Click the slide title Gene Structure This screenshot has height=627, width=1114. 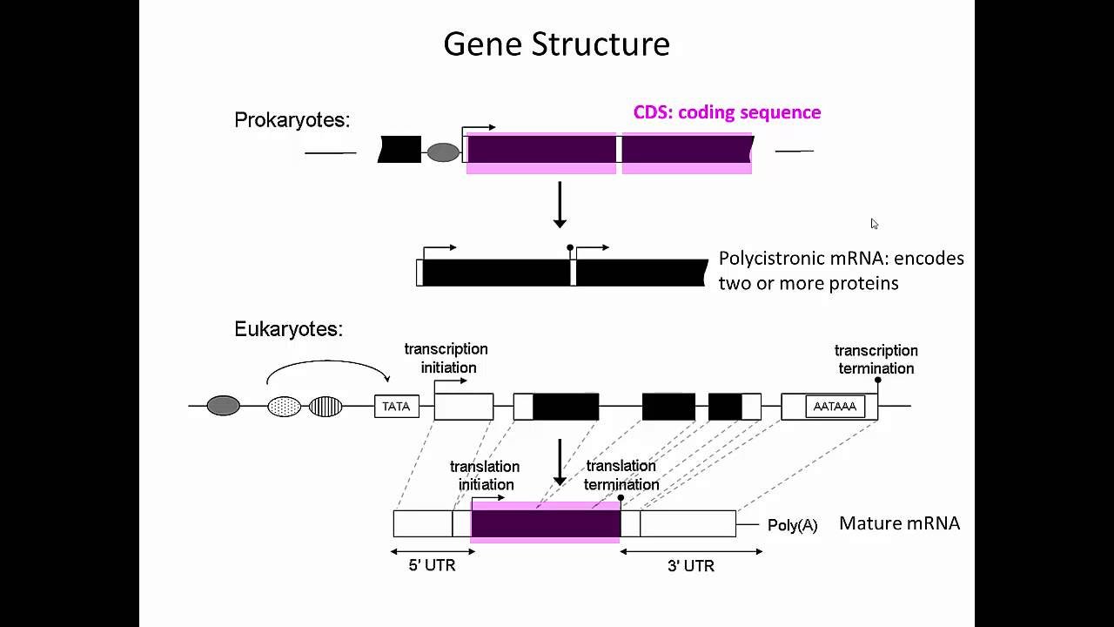[x=556, y=44]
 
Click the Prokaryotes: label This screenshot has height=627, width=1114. [x=292, y=120]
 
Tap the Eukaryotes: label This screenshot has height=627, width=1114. [x=288, y=329]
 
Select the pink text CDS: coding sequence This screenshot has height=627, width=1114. [x=727, y=112]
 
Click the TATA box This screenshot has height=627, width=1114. [x=396, y=407]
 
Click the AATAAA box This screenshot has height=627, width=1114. [x=835, y=407]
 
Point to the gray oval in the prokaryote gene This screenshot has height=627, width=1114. [x=443, y=152]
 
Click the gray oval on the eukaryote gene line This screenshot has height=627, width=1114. [x=223, y=406]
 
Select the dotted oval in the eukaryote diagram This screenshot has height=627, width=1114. [x=284, y=406]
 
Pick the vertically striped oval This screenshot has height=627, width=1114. [x=325, y=406]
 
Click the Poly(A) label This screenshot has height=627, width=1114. [x=792, y=525]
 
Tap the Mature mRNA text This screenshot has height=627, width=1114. [x=899, y=523]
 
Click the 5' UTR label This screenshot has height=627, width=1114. [x=432, y=565]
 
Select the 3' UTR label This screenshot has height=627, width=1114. [x=691, y=566]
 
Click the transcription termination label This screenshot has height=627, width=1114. [x=876, y=359]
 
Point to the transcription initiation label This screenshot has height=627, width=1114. [x=446, y=358]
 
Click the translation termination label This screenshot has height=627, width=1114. [x=621, y=475]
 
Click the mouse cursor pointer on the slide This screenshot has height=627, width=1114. [x=874, y=224]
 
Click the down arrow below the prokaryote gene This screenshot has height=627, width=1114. [x=560, y=206]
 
